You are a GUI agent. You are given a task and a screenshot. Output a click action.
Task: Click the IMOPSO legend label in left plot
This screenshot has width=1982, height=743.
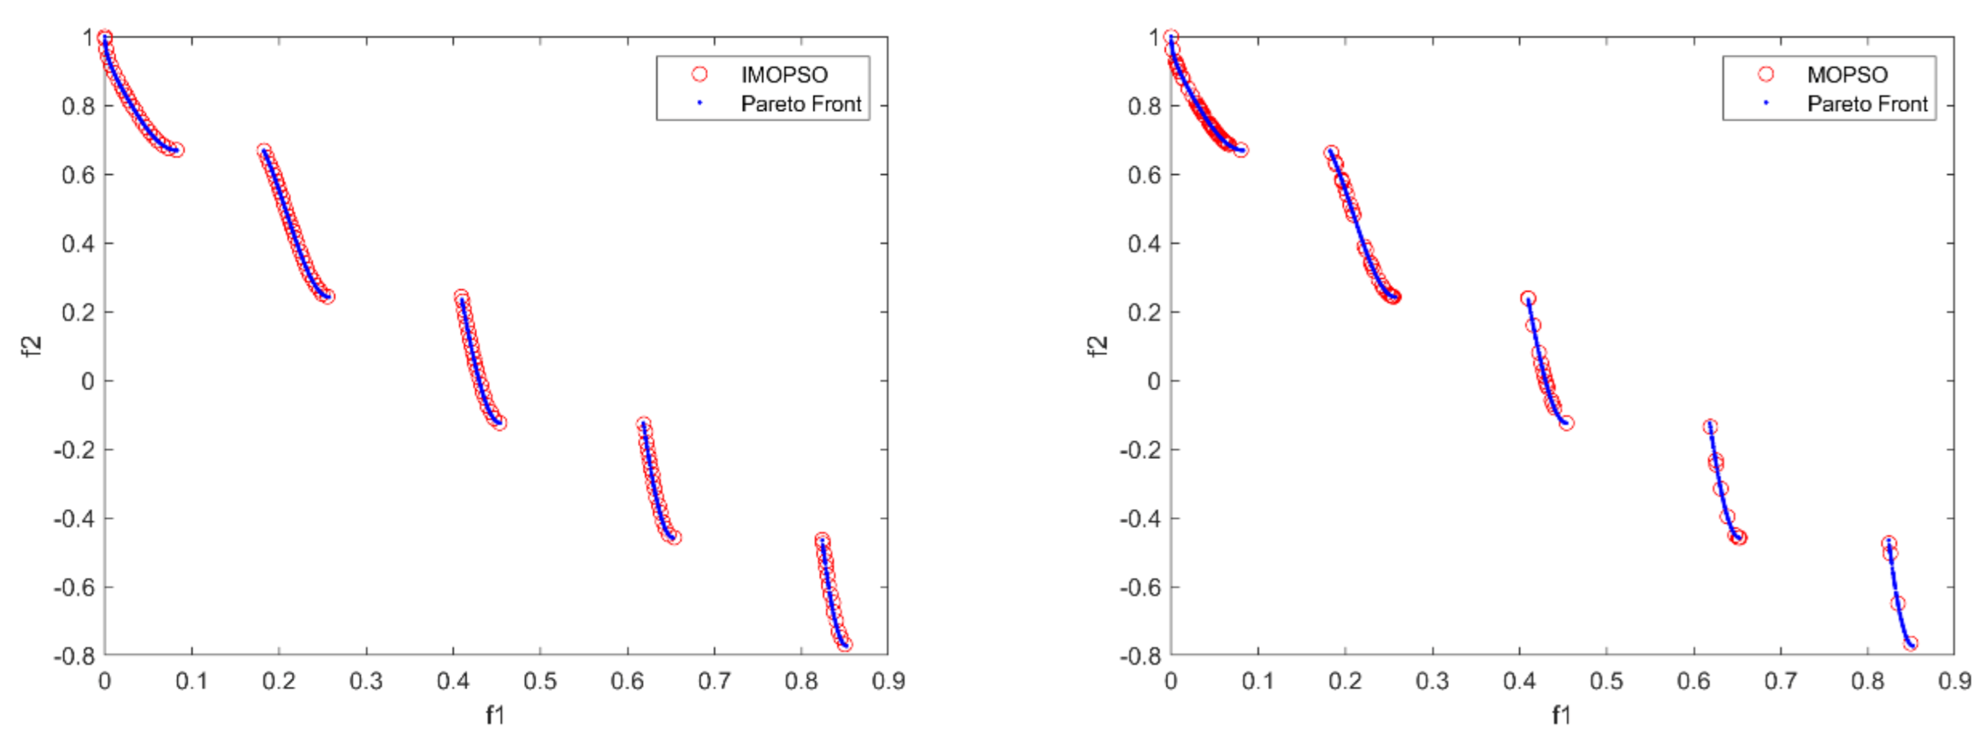(x=783, y=75)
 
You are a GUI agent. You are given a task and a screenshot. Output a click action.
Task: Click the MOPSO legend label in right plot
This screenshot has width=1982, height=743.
(x=1847, y=75)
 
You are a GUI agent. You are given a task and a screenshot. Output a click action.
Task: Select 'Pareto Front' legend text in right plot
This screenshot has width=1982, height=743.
(x=1867, y=104)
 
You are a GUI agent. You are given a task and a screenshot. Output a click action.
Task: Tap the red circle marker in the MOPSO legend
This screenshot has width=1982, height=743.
(x=1766, y=74)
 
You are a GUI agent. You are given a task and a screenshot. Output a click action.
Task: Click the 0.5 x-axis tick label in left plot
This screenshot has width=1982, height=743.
(x=539, y=681)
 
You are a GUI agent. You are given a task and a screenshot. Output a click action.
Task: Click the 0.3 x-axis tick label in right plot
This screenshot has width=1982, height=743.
(x=1432, y=681)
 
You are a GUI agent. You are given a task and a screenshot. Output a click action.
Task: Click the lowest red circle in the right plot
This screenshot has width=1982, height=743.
(x=1910, y=644)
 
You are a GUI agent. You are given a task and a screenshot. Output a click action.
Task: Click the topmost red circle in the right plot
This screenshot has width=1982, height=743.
(x=1171, y=37)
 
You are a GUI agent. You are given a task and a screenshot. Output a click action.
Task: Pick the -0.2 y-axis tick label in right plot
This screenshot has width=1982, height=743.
(x=1141, y=450)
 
